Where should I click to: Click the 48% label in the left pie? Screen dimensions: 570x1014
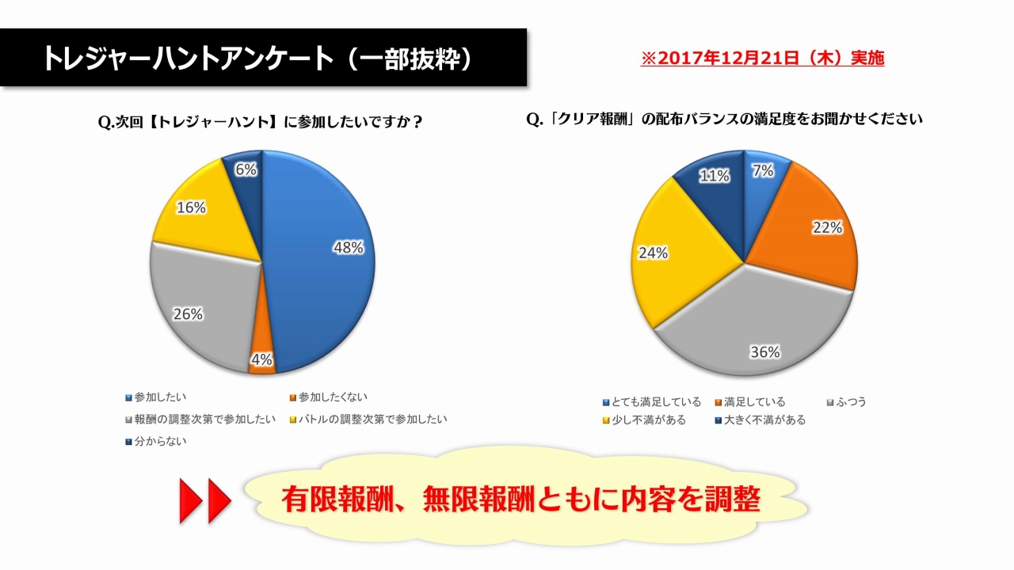(348, 248)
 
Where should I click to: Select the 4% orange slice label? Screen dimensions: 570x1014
(262, 359)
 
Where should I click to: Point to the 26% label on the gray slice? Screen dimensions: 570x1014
(189, 314)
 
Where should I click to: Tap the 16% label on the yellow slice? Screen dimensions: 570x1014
(192, 208)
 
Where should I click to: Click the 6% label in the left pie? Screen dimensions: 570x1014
(246, 169)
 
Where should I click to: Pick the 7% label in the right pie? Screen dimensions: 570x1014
(763, 170)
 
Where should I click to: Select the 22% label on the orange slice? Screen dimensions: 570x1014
(826, 227)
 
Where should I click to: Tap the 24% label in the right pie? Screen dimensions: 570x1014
(653, 253)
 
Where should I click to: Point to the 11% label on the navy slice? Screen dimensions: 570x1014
(714, 176)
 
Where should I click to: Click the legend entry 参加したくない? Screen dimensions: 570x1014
(334, 397)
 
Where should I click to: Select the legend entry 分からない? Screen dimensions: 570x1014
(160, 441)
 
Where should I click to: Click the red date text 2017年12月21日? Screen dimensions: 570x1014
(762, 58)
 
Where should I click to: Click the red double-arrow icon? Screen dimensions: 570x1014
(204, 500)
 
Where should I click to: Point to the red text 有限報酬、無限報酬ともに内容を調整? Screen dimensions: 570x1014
(521, 499)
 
